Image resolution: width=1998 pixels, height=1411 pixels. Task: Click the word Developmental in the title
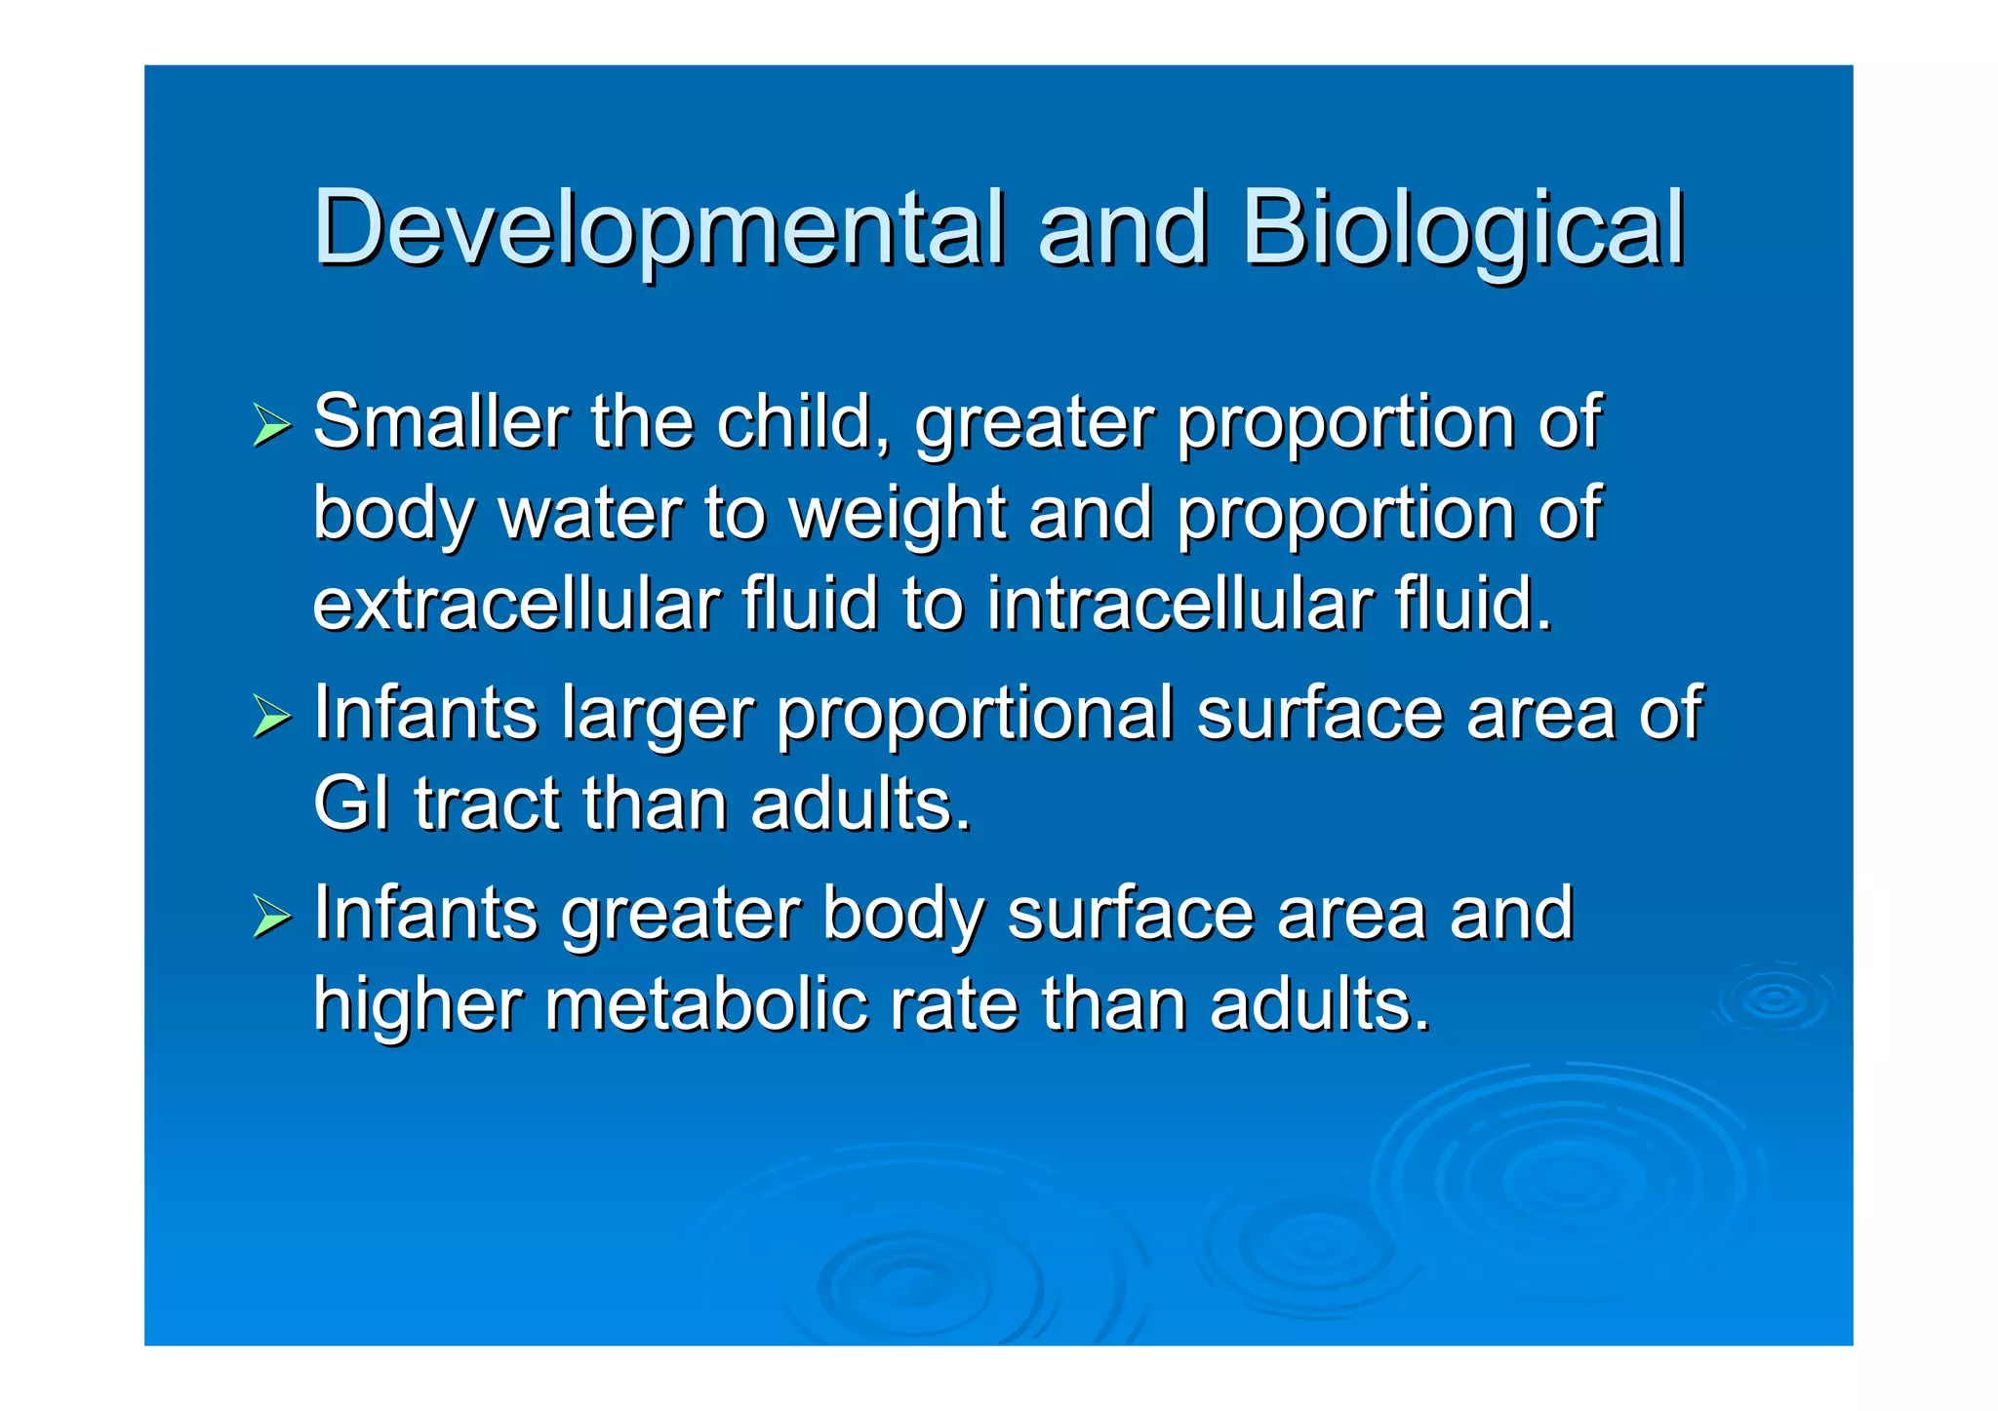pyautogui.click(x=659, y=229)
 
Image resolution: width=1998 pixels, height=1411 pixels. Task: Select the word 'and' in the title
pyautogui.click(x=1122, y=229)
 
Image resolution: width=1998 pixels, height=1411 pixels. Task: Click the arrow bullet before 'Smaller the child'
pyautogui.click(x=271, y=426)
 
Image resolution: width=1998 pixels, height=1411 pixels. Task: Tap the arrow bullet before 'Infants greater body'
pyautogui.click(x=271, y=917)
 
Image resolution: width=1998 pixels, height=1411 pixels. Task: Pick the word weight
pyautogui.click(x=898, y=514)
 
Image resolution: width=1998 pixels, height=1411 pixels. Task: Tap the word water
pyautogui.click(x=591, y=514)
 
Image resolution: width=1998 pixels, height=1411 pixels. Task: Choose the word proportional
pyautogui.click(x=975, y=715)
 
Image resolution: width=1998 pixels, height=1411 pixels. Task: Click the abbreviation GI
pyautogui.click(x=351, y=804)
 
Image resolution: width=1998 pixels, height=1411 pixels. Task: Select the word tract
pyautogui.click(x=488, y=804)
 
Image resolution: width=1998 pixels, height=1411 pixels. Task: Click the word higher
pyautogui.click(x=419, y=1005)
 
